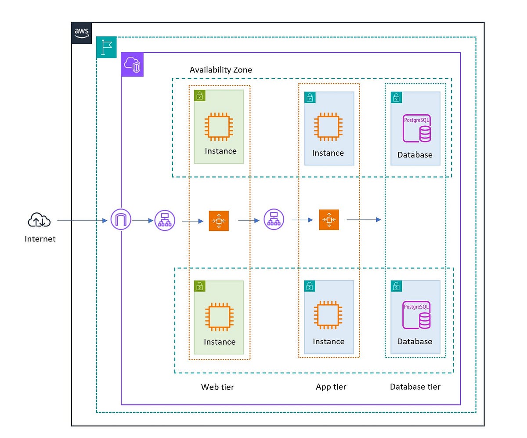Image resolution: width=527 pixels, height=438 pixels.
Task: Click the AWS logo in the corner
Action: [x=82, y=33]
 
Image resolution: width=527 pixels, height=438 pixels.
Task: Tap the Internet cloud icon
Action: [x=39, y=219]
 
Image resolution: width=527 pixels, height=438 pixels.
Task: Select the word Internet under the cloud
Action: [x=40, y=239]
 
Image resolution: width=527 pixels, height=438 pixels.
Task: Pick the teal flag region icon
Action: [x=106, y=47]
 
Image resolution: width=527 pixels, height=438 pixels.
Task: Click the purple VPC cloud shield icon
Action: [x=132, y=65]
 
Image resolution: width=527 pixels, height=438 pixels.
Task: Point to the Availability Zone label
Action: [x=220, y=70]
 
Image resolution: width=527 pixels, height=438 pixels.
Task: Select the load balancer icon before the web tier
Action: [x=165, y=220]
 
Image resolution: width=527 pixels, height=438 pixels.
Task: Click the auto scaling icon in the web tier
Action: [x=219, y=221]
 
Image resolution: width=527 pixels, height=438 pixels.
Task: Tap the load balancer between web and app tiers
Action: [x=274, y=219]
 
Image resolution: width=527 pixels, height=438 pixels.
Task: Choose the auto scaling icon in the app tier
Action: [x=329, y=219]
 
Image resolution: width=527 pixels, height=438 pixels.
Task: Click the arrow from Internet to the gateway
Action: [x=82, y=220]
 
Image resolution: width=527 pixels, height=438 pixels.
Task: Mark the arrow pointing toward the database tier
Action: [x=364, y=219]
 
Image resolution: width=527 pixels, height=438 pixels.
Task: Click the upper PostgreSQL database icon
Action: [x=417, y=128]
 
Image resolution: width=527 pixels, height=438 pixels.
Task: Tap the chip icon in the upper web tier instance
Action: [x=218, y=127]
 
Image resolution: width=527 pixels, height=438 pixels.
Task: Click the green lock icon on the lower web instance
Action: [x=200, y=286]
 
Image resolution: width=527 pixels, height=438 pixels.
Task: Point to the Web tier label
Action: [x=217, y=387]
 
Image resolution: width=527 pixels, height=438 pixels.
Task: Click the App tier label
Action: [x=331, y=387]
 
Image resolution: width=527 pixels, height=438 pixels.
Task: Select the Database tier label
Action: [x=415, y=387]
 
